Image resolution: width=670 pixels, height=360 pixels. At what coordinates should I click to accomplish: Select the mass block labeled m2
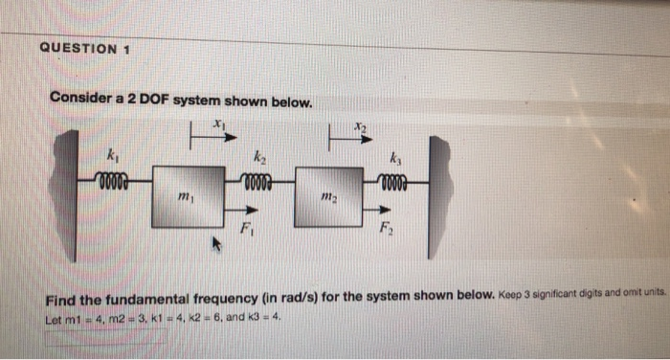pyautogui.click(x=328, y=196)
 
